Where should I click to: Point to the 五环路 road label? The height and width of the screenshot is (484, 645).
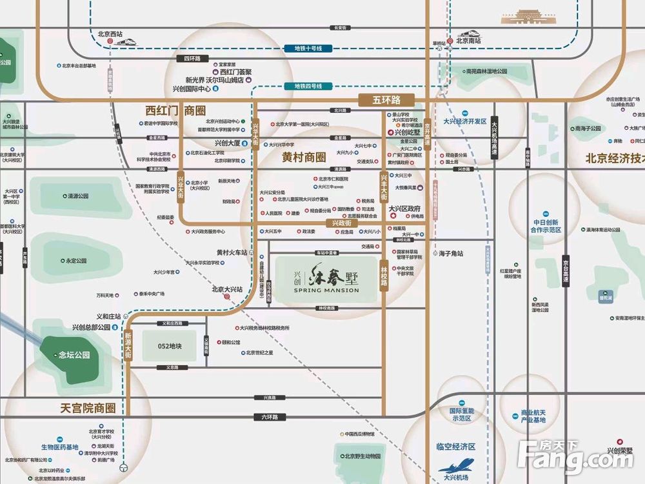click(x=386, y=100)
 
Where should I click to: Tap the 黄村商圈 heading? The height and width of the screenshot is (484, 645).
click(x=304, y=157)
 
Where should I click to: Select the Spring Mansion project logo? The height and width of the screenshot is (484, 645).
click(x=326, y=278)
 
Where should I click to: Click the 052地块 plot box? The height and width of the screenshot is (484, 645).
click(x=170, y=346)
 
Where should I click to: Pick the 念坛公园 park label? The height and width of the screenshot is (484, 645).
click(x=74, y=355)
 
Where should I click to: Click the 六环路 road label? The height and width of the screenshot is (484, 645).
click(x=270, y=417)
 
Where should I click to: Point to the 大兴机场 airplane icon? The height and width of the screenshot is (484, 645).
click(x=456, y=465)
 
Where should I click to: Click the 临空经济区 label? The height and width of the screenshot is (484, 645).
click(x=455, y=447)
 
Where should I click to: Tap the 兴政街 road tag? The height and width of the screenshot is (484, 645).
click(x=341, y=223)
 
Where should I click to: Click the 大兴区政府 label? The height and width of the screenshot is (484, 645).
click(x=404, y=208)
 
